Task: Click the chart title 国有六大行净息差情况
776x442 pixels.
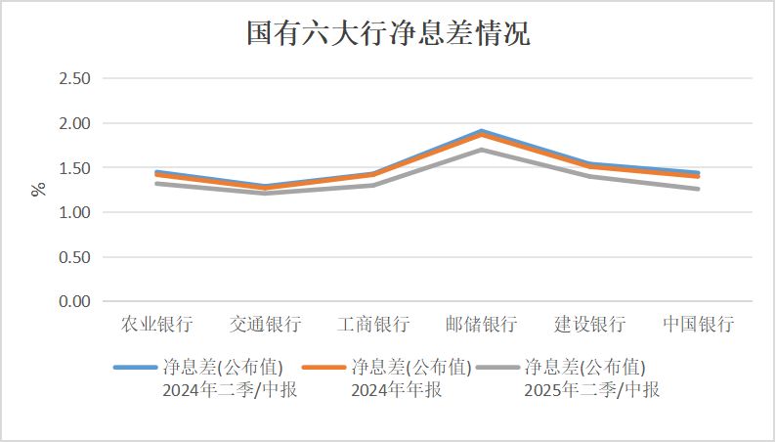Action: tap(388, 35)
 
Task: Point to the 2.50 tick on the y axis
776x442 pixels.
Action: tap(75, 79)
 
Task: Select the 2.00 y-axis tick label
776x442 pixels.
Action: tap(75, 124)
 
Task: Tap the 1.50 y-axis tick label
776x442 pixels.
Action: tap(75, 168)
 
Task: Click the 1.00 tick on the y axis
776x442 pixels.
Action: tap(75, 213)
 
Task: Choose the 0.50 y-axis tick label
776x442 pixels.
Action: tap(75, 257)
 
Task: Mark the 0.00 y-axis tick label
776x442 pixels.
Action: tap(75, 302)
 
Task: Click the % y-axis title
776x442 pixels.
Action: tap(39, 189)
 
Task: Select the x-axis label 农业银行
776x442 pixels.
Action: tap(156, 325)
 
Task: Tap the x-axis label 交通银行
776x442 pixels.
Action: tap(265, 325)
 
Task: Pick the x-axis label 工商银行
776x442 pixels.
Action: tap(373, 325)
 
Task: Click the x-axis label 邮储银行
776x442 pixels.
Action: tap(482, 325)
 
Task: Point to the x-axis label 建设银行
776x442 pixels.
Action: tap(590, 325)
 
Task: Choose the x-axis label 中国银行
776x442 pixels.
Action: tap(699, 325)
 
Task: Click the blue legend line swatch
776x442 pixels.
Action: tap(135, 368)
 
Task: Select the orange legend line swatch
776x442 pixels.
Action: tap(323, 368)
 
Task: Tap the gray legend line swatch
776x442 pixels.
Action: tap(497, 368)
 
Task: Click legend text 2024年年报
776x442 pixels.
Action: tap(396, 390)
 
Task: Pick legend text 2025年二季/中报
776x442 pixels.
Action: tap(592, 390)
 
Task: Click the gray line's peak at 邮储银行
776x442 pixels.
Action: tap(482, 150)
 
